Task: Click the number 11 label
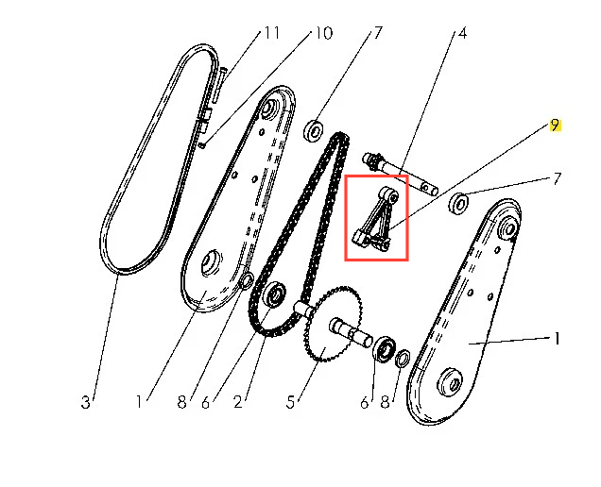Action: point(272,33)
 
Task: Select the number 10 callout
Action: point(323,33)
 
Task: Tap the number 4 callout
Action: point(463,33)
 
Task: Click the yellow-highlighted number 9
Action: point(555,126)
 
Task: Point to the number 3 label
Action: point(85,402)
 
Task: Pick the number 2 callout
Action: point(238,402)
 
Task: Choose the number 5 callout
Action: point(290,402)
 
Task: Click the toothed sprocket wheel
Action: point(333,324)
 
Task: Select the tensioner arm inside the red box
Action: point(376,220)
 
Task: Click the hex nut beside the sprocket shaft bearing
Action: point(403,358)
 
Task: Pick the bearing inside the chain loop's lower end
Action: point(275,294)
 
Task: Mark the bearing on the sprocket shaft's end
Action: point(385,347)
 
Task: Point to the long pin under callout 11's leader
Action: point(218,85)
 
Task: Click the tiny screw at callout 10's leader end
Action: point(203,144)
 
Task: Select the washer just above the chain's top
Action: point(314,130)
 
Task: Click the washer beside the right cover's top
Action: point(458,203)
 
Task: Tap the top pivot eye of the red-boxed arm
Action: point(389,195)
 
